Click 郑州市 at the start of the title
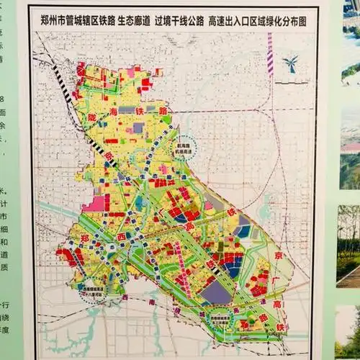(55, 21)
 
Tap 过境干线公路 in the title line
(178, 21)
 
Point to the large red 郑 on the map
(84, 238)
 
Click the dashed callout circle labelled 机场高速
(192, 148)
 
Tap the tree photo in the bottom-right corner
(349, 331)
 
